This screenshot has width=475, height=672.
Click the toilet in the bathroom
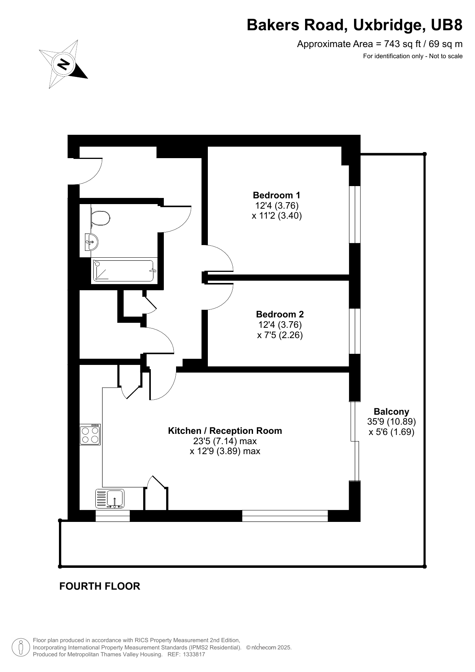pos(100,219)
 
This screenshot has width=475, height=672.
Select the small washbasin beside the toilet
pos(91,242)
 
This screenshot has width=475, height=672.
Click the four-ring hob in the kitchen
pos(90,435)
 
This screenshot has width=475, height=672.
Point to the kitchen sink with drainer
pos(110,499)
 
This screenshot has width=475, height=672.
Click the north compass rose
pos(63,64)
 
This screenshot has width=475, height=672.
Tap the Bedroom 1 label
pos(277,195)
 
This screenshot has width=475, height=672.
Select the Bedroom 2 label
pos(280,314)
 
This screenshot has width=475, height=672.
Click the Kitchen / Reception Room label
pos(225,431)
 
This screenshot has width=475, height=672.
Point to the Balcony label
pos(392,412)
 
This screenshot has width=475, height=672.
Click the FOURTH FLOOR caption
pos(100,586)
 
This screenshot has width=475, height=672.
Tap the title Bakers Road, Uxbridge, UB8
pos(354,25)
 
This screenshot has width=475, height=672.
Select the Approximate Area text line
pos(380,44)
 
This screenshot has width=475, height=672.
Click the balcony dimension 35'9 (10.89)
pos(392,422)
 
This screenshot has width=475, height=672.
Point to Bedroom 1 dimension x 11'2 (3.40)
pos(277,216)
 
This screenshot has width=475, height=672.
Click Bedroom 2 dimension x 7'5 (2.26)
pos(280,335)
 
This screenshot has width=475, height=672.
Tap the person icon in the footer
pos(21,647)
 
